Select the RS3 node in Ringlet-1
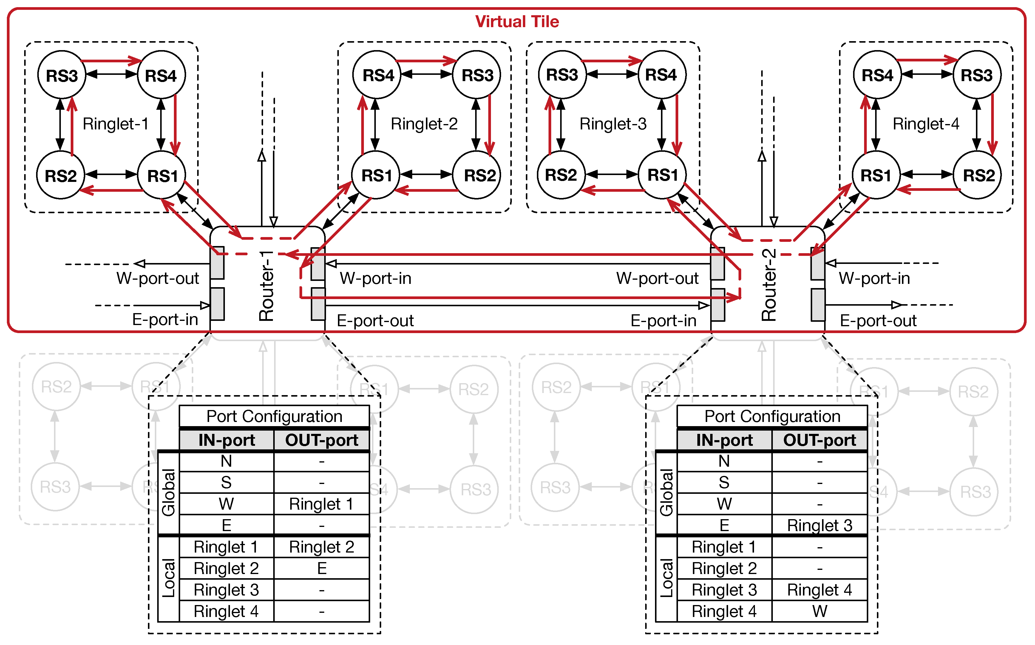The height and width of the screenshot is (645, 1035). [62, 75]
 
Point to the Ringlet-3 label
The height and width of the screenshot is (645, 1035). [613, 124]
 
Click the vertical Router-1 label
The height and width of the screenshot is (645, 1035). [267, 286]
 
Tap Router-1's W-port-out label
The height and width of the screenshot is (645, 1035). [157, 279]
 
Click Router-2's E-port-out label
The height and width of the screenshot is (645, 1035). [878, 321]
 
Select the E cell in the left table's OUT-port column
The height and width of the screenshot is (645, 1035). [322, 569]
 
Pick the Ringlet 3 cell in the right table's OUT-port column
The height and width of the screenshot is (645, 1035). [819, 525]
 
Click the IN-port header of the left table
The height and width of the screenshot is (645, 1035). [227, 440]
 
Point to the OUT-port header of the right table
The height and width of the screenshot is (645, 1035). [819, 440]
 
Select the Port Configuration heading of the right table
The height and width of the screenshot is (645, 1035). [772, 416]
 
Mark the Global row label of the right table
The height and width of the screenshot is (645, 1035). [666, 492]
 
